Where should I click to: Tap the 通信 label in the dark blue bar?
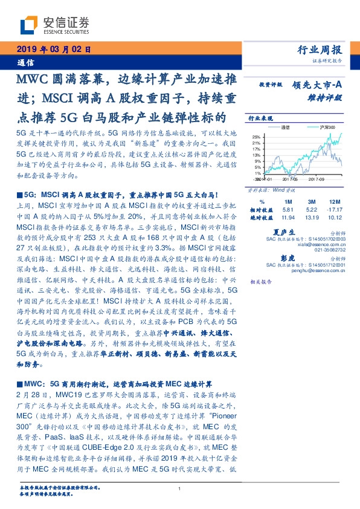(x=25, y=62)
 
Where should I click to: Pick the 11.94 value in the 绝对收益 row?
(x=287, y=216)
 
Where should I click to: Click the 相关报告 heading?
(x=256, y=282)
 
